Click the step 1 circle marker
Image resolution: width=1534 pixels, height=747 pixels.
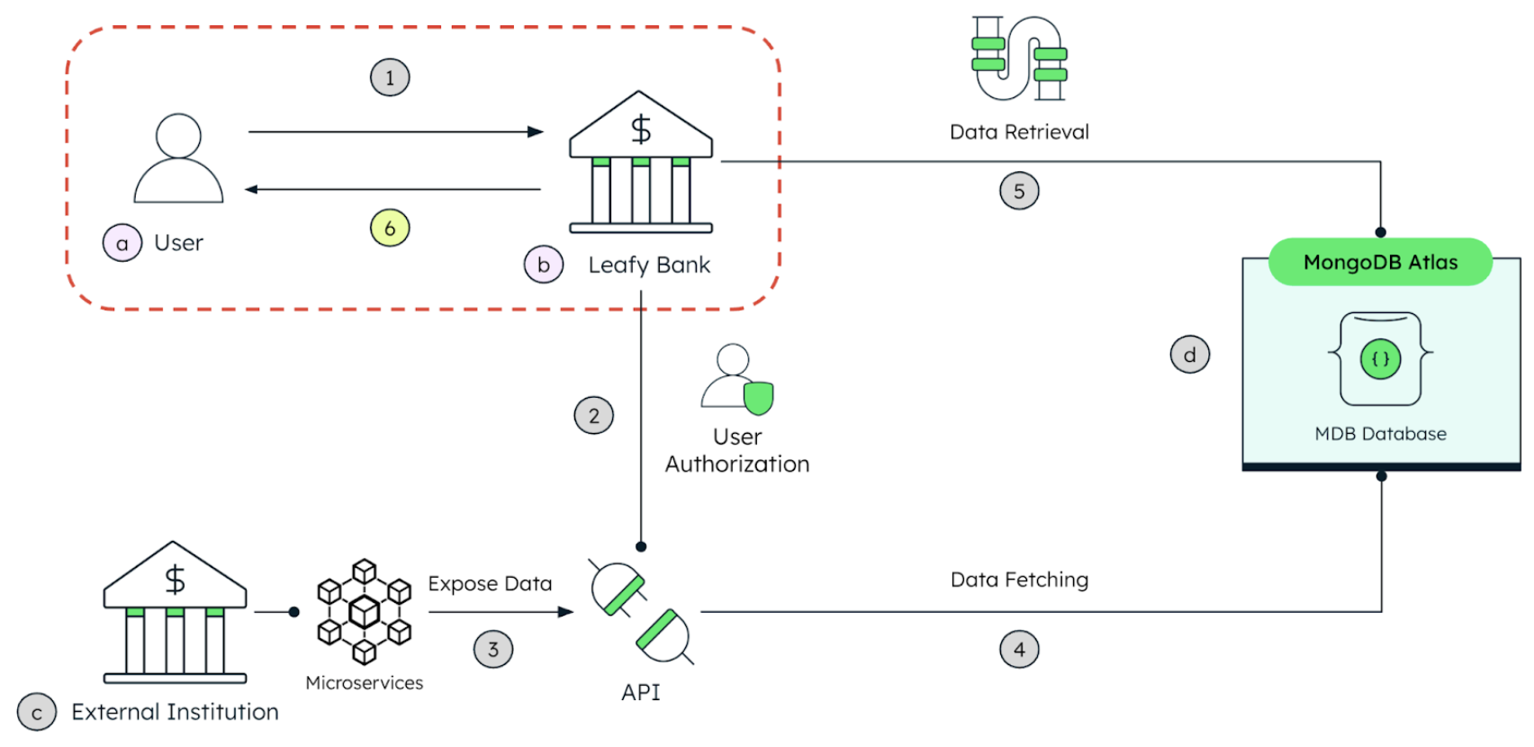click(x=390, y=77)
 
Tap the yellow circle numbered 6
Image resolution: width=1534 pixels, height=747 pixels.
click(x=390, y=229)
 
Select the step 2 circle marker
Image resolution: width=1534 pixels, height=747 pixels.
click(x=594, y=416)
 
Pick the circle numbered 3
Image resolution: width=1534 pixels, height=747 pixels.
click(x=493, y=649)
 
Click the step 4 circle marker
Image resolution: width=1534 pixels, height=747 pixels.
click(x=1019, y=649)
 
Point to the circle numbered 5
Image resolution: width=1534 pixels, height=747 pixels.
click(x=1019, y=191)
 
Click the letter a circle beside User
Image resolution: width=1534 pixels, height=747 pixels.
click(x=122, y=243)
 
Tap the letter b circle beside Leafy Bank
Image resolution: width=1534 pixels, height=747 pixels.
click(x=544, y=265)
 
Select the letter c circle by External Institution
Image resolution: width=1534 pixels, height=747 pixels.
click(x=37, y=713)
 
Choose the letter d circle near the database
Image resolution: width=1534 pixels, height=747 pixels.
click(x=1190, y=355)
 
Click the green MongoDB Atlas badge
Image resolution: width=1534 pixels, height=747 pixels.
click(x=1380, y=262)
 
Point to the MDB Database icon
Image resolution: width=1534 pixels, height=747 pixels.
click(x=1381, y=359)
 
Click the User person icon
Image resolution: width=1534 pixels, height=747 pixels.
click(x=178, y=158)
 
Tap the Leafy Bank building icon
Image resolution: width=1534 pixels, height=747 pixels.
click(x=641, y=162)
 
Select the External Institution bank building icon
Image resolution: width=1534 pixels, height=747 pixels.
click(x=175, y=612)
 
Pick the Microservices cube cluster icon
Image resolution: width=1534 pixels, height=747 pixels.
click(x=364, y=612)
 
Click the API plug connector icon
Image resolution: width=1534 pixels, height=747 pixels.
click(x=641, y=612)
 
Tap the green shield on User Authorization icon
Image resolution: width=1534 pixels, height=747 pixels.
click(x=759, y=397)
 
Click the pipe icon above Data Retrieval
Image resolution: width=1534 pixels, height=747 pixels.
click(x=1019, y=58)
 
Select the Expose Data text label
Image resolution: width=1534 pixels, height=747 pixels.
click(x=490, y=583)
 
